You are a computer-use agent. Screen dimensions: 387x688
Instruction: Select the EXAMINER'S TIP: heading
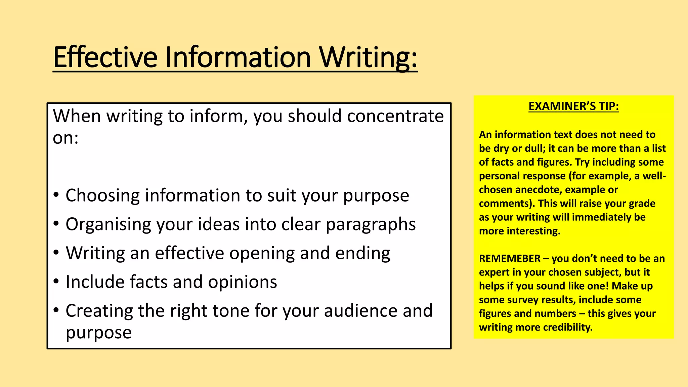coord(573,106)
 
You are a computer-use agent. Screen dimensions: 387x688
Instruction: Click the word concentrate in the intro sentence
coord(395,116)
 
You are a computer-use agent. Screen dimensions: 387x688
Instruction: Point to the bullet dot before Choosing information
coord(56,195)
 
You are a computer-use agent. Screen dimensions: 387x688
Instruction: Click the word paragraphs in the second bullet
coord(371,224)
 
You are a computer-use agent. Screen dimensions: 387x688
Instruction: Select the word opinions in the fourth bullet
coord(242,282)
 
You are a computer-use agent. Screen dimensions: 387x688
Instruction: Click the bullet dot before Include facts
coord(56,281)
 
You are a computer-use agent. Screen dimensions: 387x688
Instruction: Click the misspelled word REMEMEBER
coord(510,258)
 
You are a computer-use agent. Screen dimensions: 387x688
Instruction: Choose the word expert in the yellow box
coord(493,272)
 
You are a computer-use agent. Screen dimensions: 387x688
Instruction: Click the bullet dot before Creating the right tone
coord(56,310)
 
